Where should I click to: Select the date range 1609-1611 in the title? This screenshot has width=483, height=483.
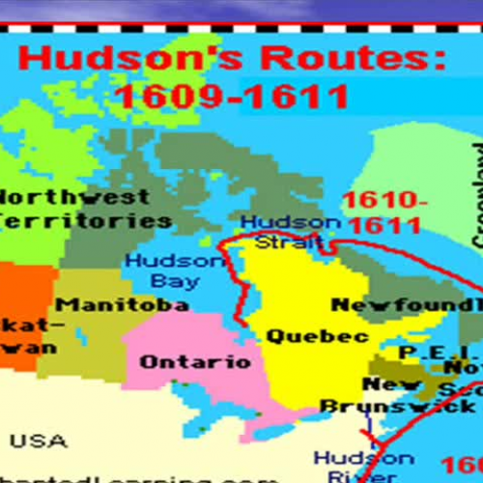pos(232,97)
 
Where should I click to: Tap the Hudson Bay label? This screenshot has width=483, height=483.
pos(161,270)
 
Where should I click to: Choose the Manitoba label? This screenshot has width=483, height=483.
pos(128,305)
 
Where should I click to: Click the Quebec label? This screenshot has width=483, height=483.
pos(303,337)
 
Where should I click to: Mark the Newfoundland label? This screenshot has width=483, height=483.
pos(406,305)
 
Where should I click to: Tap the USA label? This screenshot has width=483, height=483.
pos(45,441)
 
